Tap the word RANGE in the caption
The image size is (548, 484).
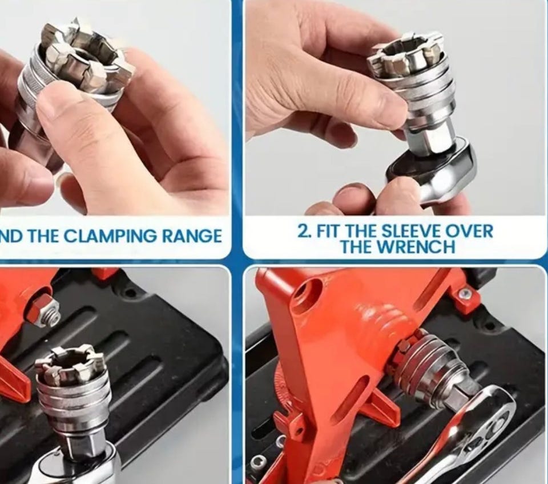tap(192, 236)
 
